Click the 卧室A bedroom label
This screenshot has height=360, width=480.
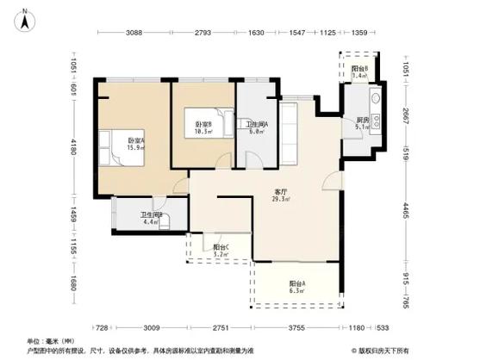pos(136,144)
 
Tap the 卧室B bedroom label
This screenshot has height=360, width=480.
pos(203,129)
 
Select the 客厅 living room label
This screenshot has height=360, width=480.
pos(280,196)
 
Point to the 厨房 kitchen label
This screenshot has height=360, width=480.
pos(364,123)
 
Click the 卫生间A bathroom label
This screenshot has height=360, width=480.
pos(257,127)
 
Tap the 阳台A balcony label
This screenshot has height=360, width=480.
pos(298,288)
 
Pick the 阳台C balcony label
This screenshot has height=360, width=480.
pos(221,251)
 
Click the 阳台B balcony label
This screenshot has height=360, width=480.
pos(360,72)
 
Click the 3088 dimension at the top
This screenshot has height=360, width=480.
pos(134,33)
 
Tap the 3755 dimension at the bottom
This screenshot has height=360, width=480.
pos(297,327)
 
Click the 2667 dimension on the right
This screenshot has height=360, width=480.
pos(405,115)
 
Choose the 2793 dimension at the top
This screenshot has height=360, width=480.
pos(203,33)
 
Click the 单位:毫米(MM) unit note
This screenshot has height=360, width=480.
pos(50,342)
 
